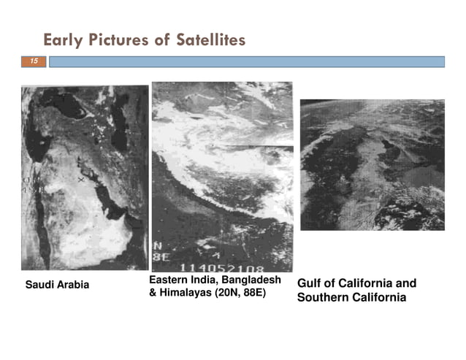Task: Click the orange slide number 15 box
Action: click(34, 62)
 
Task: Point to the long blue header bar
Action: click(246, 62)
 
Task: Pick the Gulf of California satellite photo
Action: click(372, 164)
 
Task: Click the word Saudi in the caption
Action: click(39, 285)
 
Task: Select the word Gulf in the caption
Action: click(310, 283)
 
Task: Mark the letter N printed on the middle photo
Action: click(157, 246)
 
